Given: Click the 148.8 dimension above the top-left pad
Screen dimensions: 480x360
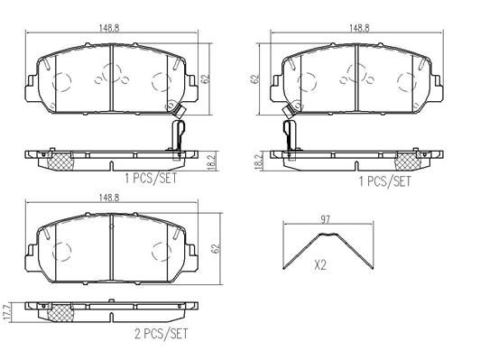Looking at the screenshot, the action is coord(109,28).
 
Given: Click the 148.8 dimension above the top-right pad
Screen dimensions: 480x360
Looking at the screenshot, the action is coord(359,28).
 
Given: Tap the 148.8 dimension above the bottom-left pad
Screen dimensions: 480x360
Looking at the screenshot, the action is coord(109,198).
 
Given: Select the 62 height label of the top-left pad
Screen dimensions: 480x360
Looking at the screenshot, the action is coord(206,78).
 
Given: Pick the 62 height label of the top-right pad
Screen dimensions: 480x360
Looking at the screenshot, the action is coord(254,78).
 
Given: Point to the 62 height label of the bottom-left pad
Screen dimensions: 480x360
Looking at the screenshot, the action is coord(217,248).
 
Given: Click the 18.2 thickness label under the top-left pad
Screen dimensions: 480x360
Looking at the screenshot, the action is coord(212,162).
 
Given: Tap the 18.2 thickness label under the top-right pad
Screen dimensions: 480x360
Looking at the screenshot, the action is coord(259,162).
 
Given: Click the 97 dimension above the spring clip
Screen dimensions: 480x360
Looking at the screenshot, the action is coord(325,219).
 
